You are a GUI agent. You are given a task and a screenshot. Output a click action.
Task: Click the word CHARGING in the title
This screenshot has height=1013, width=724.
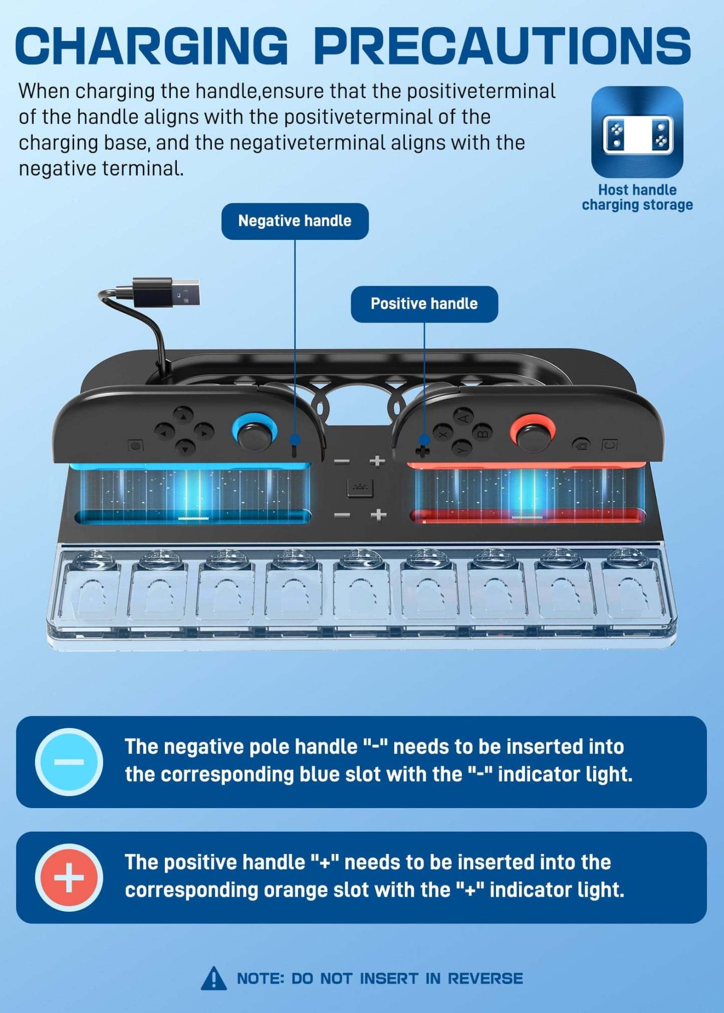click(x=152, y=45)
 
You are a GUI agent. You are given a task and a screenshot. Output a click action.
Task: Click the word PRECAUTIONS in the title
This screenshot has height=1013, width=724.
click(x=503, y=45)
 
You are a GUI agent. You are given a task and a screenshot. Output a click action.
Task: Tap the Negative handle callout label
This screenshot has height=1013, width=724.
click(x=295, y=221)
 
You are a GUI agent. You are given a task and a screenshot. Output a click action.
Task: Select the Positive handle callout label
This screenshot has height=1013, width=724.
click(x=424, y=304)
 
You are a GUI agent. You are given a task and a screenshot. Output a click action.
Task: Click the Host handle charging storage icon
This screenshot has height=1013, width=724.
click(x=637, y=132)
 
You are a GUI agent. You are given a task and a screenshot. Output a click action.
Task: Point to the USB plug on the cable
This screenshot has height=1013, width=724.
click(x=167, y=292)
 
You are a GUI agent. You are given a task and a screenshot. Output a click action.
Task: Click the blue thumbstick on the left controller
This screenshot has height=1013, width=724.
click(x=255, y=431)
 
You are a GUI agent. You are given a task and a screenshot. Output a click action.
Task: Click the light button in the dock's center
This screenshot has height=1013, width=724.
click(x=360, y=487)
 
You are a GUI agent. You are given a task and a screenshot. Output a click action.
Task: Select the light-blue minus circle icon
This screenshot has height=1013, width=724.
click(x=69, y=762)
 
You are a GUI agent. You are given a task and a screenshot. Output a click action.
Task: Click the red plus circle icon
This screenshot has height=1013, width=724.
click(x=69, y=877)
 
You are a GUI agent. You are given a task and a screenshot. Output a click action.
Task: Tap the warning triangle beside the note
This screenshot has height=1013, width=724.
click(x=213, y=978)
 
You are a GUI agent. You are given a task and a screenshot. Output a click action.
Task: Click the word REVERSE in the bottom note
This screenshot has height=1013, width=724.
click(x=485, y=978)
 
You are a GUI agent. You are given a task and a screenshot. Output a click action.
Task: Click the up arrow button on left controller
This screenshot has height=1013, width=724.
click(x=183, y=416)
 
